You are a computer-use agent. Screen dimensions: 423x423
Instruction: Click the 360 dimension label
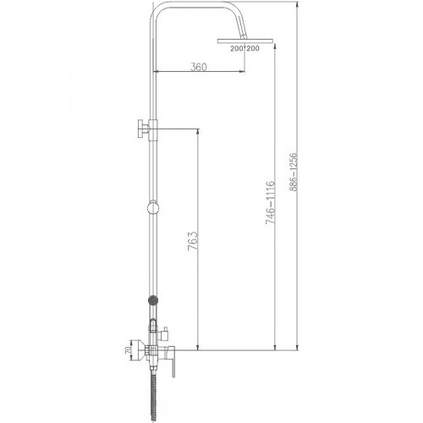199,67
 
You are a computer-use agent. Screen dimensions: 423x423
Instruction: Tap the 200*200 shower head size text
244,48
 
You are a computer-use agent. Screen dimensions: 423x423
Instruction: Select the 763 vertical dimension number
193,241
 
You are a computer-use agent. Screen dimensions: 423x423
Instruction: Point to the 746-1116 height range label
270,203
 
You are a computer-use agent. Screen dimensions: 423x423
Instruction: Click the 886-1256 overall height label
294,172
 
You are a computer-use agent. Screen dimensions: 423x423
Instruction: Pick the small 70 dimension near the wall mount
128,350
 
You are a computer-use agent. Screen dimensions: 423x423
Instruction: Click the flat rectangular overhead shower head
245,41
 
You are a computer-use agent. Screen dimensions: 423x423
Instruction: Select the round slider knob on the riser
153,208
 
